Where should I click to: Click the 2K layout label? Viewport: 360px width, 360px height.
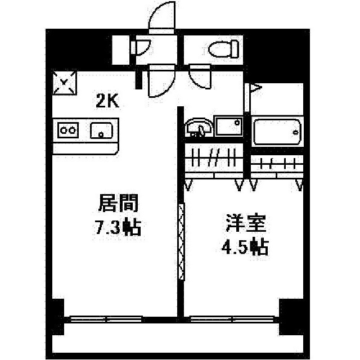[x=107, y=101]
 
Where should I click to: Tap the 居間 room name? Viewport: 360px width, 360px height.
[x=119, y=202]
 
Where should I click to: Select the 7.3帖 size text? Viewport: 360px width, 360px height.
[x=118, y=227]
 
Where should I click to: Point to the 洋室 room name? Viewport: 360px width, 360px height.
[x=246, y=223]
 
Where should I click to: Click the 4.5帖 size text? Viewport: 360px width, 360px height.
[x=245, y=247]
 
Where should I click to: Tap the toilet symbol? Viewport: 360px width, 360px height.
[x=223, y=49]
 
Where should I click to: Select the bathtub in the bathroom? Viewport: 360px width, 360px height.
[x=277, y=132]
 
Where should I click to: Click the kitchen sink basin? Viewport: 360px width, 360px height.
[x=101, y=130]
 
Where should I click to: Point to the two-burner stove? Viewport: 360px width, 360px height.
[x=68, y=130]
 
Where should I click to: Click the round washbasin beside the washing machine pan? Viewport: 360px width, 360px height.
[x=199, y=128]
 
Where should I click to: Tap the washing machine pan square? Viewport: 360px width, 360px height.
[x=229, y=126]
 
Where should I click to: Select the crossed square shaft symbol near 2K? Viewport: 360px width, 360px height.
[x=65, y=83]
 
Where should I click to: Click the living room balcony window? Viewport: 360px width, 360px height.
[x=106, y=319]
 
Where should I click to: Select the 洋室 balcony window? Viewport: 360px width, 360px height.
[x=232, y=319]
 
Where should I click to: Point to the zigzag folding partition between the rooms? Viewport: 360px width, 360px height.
[x=181, y=241]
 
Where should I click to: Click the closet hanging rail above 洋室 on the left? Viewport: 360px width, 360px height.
[x=214, y=158]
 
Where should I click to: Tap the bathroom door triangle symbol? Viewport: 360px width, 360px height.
[x=256, y=88]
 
